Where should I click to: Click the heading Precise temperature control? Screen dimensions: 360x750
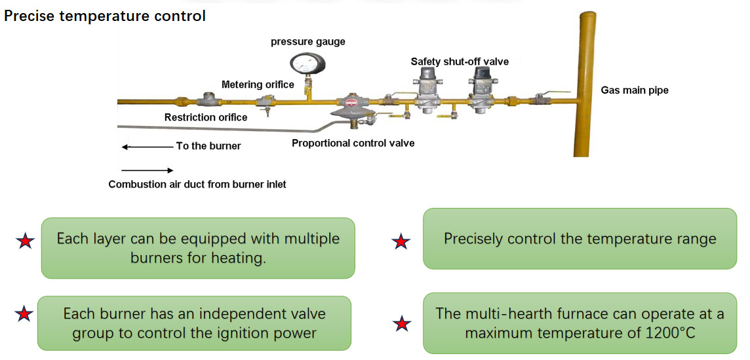(105, 16)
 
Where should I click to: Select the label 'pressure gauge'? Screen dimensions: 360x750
(307, 42)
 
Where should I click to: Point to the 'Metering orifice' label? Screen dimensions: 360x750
(258, 85)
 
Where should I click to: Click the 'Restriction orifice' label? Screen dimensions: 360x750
(206, 117)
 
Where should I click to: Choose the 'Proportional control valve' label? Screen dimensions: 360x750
(353, 143)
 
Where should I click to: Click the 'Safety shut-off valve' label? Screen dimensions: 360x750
(460, 62)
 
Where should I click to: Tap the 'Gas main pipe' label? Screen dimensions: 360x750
(635, 90)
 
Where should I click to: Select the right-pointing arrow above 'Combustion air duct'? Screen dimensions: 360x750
(148, 170)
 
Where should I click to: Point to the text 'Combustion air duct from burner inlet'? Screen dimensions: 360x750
(197, 184)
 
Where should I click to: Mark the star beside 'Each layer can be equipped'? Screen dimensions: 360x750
(25, 241)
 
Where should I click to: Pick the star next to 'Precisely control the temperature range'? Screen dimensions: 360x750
(401, 241)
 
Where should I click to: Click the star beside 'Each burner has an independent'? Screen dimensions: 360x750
(24, 315)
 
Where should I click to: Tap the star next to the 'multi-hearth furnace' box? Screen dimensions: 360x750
(401, 323)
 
